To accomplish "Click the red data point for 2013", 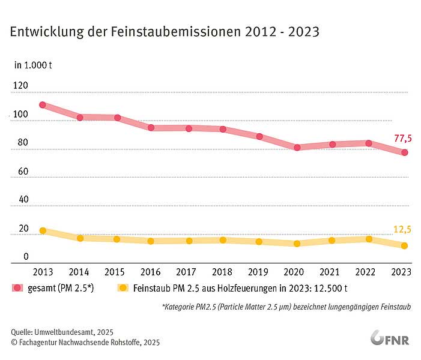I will (x=43, y=105).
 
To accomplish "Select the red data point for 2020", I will (x=297, y=147).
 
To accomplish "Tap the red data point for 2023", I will (x=405, y=152).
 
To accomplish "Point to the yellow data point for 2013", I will (x=43, y=230).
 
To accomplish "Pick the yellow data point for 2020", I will (x=297, y=244).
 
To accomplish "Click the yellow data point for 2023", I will (x=405, y=245).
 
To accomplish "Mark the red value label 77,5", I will (x=402, y=139).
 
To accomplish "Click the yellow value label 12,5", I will (x=402, y=229).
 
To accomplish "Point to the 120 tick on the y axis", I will (x=20, y=86).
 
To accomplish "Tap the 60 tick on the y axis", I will (x=23, y=172).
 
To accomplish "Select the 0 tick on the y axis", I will (x=26, y=257).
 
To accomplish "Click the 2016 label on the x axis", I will (x=152, y=271).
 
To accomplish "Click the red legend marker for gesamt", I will (x=17, y=288).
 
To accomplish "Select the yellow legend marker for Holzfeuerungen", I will (x=123, y=288).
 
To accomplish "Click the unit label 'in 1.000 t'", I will (x=33, y=64).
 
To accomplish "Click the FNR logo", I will (x=390, y=338).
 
